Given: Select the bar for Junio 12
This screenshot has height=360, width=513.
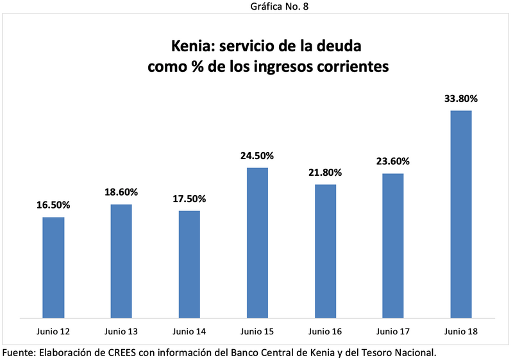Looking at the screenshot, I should [53, 266].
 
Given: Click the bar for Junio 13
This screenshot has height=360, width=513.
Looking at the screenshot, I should [121, 260].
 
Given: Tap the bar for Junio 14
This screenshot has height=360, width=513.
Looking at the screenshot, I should [189, 263].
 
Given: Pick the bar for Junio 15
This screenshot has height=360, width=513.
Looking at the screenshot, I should [257, 242].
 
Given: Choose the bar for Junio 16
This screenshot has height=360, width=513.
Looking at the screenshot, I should [325, 250].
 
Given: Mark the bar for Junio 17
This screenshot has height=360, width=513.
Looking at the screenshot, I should [393, 244].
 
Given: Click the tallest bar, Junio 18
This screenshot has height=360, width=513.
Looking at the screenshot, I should [461, 213].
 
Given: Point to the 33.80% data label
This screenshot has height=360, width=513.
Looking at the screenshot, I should [461, 99].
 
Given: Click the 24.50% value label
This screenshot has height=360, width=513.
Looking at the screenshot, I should [257, 155].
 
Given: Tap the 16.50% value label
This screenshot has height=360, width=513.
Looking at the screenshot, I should [53, 205].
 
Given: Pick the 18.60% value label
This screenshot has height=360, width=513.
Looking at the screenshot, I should [121, 192].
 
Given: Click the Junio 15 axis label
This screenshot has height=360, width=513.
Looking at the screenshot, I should [257, 332].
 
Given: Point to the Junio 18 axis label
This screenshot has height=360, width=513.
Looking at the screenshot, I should [461, 332].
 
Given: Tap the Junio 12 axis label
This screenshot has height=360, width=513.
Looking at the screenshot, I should [53, 332].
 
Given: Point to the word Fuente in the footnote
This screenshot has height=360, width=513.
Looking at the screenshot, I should [19, 352].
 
